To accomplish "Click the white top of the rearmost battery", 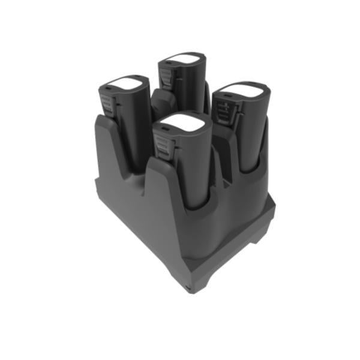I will click(181, 59).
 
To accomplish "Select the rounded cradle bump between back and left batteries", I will click(161, 102).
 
